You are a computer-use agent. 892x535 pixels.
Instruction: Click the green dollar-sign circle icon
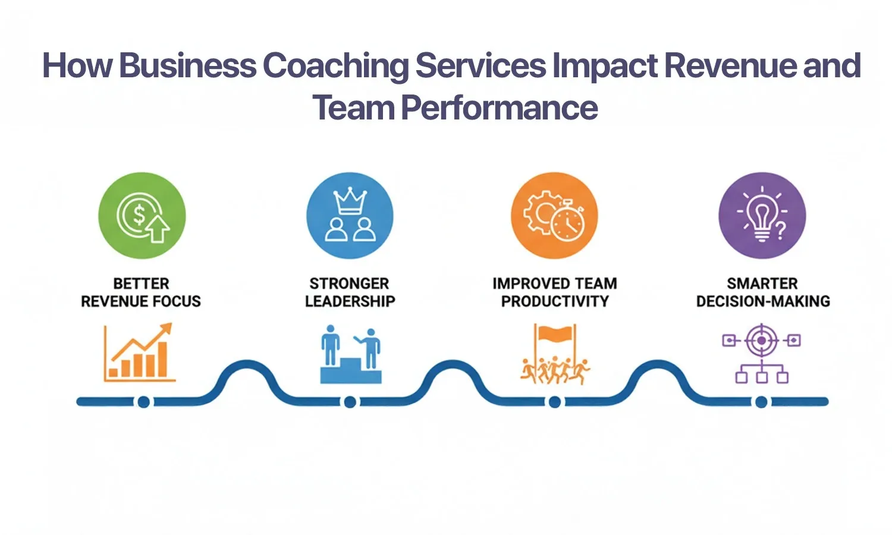pyautogui.click(x=142, y=215)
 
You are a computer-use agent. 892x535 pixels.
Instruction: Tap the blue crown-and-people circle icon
pyautogui.click(x=350, y=215)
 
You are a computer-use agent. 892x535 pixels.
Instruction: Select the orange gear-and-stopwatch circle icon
pyautogui.click(x=554, y=215)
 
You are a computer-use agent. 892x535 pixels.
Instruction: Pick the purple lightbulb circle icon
pyautogui.click(x=762, y=215)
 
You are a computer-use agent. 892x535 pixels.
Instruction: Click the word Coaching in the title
pyautogui.click(x=335, y=65)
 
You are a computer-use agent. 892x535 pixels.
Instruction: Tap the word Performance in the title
pyautogui.click(x=500, y=108)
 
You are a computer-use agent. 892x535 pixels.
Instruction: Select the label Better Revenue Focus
pyautogui.click(x=141, y=292)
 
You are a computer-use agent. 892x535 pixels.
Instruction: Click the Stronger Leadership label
pyautogui.click(x=350, y=292)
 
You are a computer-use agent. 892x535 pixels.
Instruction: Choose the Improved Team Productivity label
pyautogui.click(x=555, y=292)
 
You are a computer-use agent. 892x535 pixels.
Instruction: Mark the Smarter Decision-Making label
pyautogui.click(x=763, y=292)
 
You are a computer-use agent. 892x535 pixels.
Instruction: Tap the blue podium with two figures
pyautogui.click(x=350, y=355)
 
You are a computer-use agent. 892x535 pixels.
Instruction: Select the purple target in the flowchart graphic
pyautogui.click(x=761, y=341)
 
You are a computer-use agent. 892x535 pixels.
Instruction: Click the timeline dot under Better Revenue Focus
pyautogui.click(x=143, y=402)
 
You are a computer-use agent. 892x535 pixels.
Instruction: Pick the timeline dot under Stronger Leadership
pyautogui.click(x=350, y=402)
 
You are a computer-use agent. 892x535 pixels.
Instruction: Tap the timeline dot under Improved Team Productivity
pyautogui.click(x=555, y=402)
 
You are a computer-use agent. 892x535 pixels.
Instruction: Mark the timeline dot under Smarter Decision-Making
pyautogui.click(x=761, y=402)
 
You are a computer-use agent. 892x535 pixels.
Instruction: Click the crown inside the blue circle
pyautogui.click(x=350, y=202)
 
